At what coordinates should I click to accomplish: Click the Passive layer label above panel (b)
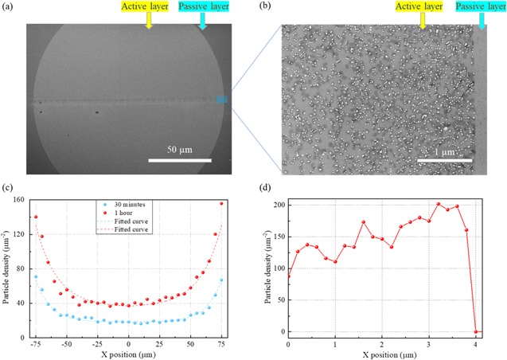coord(480,7)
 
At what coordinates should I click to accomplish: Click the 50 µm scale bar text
coord(178,150)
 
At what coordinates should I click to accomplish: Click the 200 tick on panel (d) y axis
coord(278,205)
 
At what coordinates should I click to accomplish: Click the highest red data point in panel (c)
coord(222,204)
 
